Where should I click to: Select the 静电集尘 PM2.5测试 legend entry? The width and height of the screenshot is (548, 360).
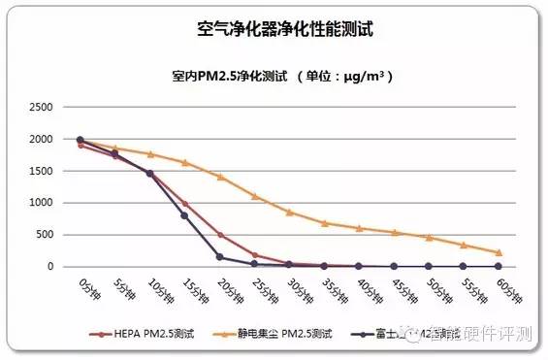click(x=286, y=333)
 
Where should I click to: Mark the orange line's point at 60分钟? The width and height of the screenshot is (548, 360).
click(x=498, y=252)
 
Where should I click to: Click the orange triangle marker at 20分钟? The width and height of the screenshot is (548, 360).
click(x=219, y=177)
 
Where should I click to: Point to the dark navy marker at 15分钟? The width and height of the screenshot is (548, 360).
click(x=184, y=215)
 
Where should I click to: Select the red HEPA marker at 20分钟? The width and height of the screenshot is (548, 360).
click(x=219, y=235)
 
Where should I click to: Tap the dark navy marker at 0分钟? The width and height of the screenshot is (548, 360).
click(x=81, y=140)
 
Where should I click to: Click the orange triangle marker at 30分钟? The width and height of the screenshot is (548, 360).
click(x=289, y=212)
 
